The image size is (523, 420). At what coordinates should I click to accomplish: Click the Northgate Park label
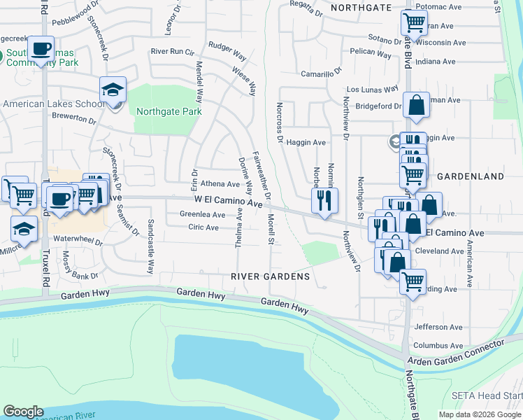[x=169, y=111]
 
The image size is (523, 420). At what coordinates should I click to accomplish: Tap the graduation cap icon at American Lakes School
[x=113, y=90]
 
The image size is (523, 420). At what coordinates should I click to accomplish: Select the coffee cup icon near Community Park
[x=42, y=49]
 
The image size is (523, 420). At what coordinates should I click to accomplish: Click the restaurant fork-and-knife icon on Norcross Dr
[x=324, y=201]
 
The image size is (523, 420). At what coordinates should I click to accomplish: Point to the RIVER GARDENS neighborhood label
[x=270, y=277]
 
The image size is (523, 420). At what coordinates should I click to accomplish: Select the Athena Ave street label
[x=220, y=184]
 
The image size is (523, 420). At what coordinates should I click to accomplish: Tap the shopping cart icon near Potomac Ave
[x=414, y=22]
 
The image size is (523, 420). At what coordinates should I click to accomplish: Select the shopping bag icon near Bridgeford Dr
[x=416, y=106]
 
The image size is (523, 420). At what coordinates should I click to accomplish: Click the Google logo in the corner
[x=23, y=412]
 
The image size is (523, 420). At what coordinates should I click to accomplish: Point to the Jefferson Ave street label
[x=438, y=327]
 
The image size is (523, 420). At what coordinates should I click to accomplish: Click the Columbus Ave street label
[x=438, y=346]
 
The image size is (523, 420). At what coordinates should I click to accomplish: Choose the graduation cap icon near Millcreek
[x=24, y=229]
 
